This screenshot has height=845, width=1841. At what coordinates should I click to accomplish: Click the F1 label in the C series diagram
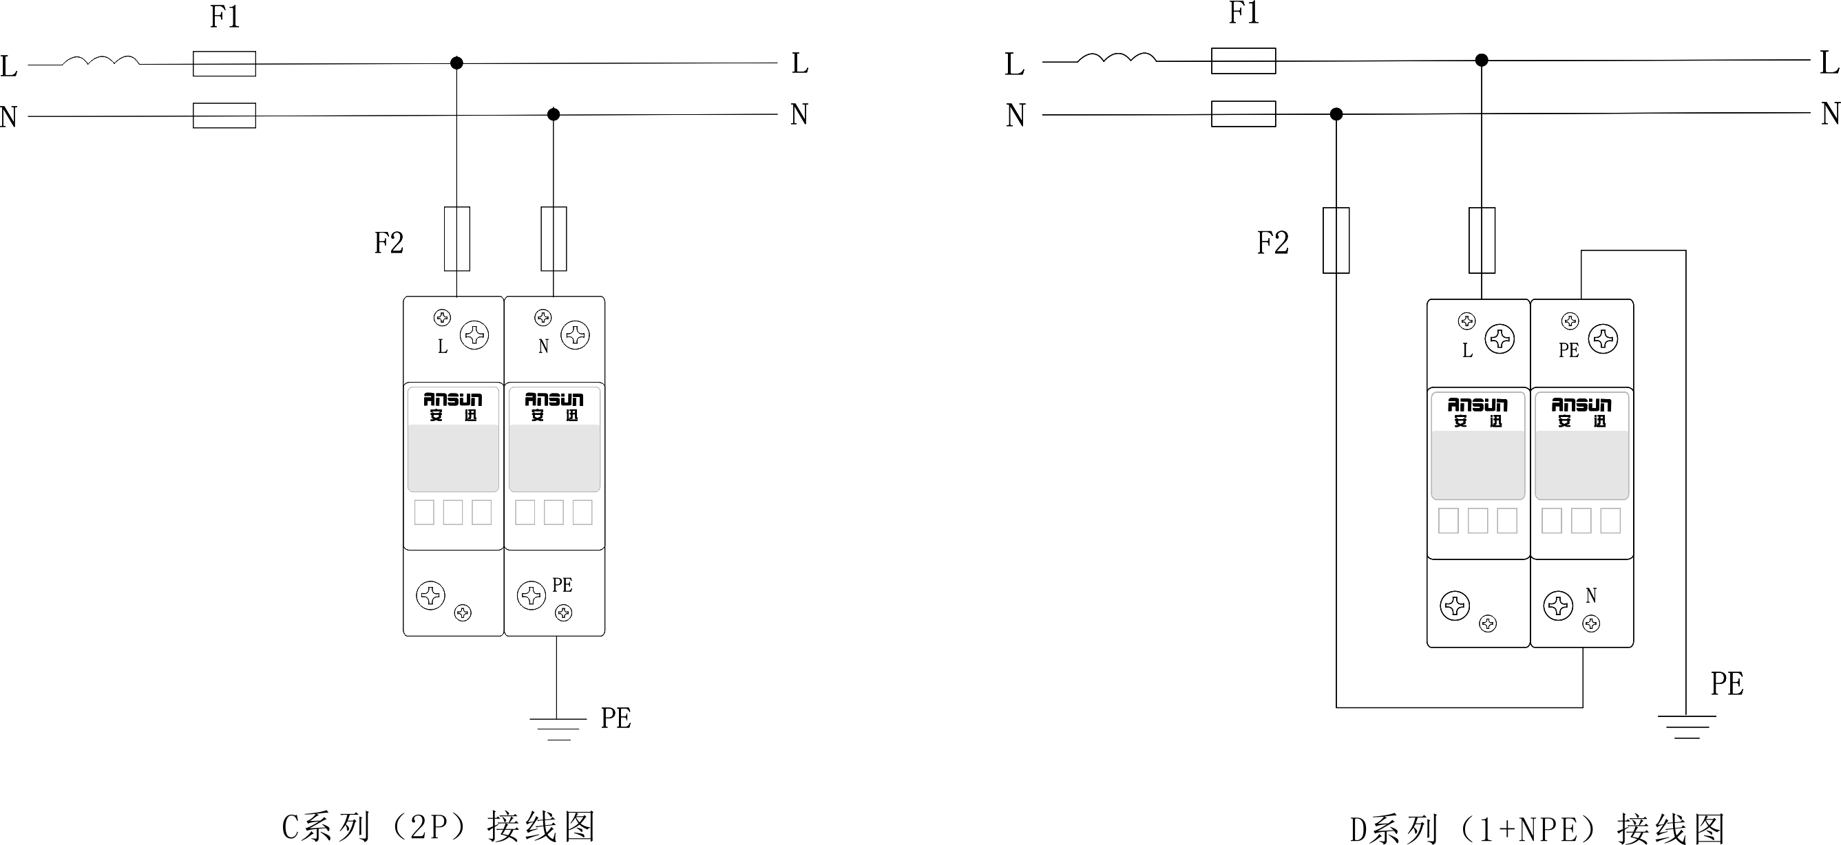point(224,17)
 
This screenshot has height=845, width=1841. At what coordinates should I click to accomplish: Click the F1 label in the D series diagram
point(1243,14)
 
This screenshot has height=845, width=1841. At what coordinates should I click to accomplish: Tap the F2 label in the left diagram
point(389,243)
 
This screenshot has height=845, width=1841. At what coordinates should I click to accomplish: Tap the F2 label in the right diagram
point(1273,243)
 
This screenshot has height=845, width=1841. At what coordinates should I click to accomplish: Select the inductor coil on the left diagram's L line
point(101,61)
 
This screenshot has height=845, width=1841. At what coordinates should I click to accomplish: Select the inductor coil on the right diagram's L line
point(1116,57)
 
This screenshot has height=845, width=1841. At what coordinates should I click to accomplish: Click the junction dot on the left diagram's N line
point(553,114)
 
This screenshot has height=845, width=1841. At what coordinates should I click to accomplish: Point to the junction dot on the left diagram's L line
point(456,63)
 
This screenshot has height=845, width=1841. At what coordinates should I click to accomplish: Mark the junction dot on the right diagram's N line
point(1336,114)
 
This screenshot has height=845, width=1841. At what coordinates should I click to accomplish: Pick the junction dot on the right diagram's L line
point(1482,60)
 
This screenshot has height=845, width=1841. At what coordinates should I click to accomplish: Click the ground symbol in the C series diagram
point(558,728)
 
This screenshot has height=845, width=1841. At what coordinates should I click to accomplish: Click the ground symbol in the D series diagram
point(1687,727)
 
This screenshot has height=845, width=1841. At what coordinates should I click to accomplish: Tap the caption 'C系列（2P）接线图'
point(439,827)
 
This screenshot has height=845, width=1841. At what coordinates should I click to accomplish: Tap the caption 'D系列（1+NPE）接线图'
point(1537,829)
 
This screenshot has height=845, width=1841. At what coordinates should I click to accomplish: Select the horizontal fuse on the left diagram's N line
point(224,115)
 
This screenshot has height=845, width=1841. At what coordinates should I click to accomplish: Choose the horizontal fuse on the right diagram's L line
point(1243,61)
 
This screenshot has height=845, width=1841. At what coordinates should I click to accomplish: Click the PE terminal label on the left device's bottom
point(562,585)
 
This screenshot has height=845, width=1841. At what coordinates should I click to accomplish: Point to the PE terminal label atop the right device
point(1569,350)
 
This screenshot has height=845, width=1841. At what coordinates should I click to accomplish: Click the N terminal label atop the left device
point(543,346)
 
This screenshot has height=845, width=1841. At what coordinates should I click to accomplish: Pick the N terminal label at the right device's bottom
point(1591,595)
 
